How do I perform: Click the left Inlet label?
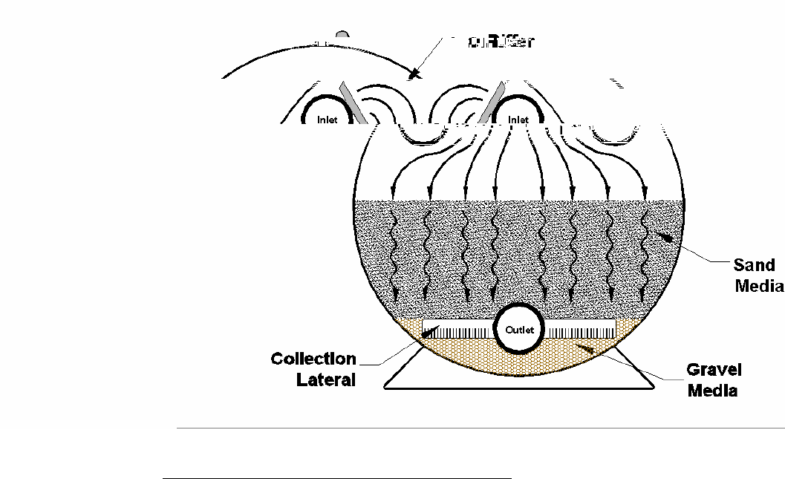coord(328,120)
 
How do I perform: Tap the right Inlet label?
coord(518,120)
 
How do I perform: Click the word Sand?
coord(754,265)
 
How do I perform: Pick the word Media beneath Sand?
coord(759,286)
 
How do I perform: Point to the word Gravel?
coord(714,370)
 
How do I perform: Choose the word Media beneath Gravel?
coord(712,391)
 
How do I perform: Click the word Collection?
coord(313,359)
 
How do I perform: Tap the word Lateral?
coord(326,380)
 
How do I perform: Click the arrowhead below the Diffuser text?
coord(414,74)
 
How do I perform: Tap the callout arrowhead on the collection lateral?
coord(429,333)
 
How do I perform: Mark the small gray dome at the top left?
coord(342,35)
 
